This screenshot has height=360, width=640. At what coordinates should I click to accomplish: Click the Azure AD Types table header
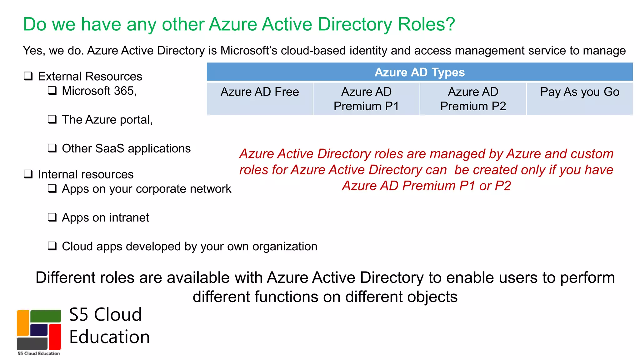419,72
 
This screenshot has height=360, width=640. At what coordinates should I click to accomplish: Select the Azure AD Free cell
260,98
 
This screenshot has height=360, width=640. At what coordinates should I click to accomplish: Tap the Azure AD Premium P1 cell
366,98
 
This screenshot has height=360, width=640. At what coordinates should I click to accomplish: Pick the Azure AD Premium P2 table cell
473,98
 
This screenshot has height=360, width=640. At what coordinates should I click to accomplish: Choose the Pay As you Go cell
580,98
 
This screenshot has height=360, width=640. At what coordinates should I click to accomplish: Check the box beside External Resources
28,76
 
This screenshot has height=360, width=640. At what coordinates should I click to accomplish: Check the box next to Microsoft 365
52,91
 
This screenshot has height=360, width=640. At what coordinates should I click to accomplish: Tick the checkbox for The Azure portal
52,119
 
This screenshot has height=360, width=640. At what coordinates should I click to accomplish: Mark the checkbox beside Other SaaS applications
52,148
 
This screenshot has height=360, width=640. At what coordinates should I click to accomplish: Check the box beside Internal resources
28,174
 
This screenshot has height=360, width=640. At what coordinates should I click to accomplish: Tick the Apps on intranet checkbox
52,217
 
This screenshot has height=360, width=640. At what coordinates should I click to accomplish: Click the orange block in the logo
23,322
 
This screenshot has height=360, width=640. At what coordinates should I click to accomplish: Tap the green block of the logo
46,316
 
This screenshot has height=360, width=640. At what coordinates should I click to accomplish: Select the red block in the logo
55,337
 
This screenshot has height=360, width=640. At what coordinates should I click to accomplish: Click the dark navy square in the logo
39,330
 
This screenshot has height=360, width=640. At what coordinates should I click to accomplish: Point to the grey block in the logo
32,343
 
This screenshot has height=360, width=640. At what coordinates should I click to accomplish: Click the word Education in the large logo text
109,337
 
